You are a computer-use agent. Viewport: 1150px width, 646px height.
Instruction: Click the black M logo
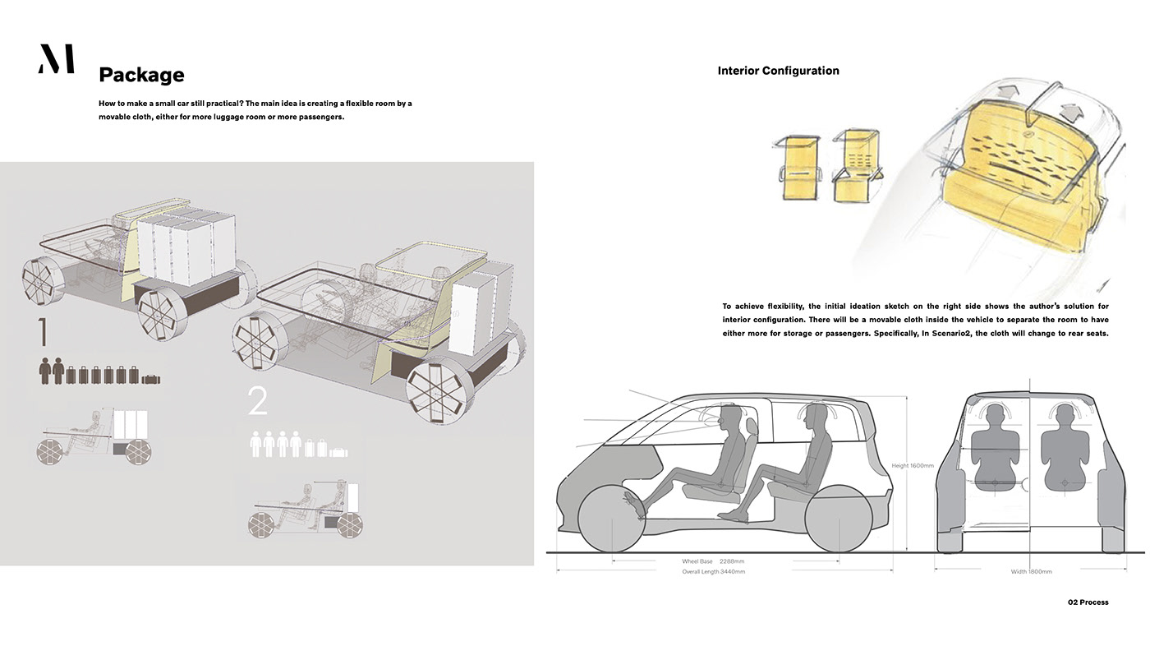click(x=56, y=59)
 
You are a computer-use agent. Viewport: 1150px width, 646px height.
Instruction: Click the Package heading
click(x=141, y=75)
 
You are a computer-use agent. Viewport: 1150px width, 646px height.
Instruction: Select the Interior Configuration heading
click(x=778, y=71)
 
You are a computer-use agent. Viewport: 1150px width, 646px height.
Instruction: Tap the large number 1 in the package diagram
click(x=43, y=334)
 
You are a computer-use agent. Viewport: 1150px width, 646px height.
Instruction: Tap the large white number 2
click(x=257, y=402)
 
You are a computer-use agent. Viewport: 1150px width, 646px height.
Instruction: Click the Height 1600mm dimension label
click(x=912, y=466)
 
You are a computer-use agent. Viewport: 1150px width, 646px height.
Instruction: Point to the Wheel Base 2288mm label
click(x=713, y=561)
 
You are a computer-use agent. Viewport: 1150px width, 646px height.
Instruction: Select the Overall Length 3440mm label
click(x=713, y=571)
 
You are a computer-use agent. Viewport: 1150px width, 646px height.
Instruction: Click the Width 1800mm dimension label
click(x=1030, y=571)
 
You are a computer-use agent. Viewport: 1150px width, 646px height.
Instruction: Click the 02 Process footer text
click(x=1088, y=602)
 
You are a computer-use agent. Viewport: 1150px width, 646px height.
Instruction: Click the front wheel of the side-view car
click(x=611, y=519)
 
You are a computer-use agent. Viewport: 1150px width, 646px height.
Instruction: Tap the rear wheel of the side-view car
click(x=838, y=519)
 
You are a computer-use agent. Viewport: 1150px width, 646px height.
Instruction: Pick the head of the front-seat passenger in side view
click(x=726, y=416)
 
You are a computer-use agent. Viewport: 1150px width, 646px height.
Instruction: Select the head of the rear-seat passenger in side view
click(x=816, y=416)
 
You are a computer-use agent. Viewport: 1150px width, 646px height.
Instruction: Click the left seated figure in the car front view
click(x=995, y=448)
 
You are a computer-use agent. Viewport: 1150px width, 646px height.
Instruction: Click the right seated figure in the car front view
click(x=1065, y=448)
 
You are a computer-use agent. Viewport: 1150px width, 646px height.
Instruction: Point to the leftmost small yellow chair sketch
click(x=795, y=168)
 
